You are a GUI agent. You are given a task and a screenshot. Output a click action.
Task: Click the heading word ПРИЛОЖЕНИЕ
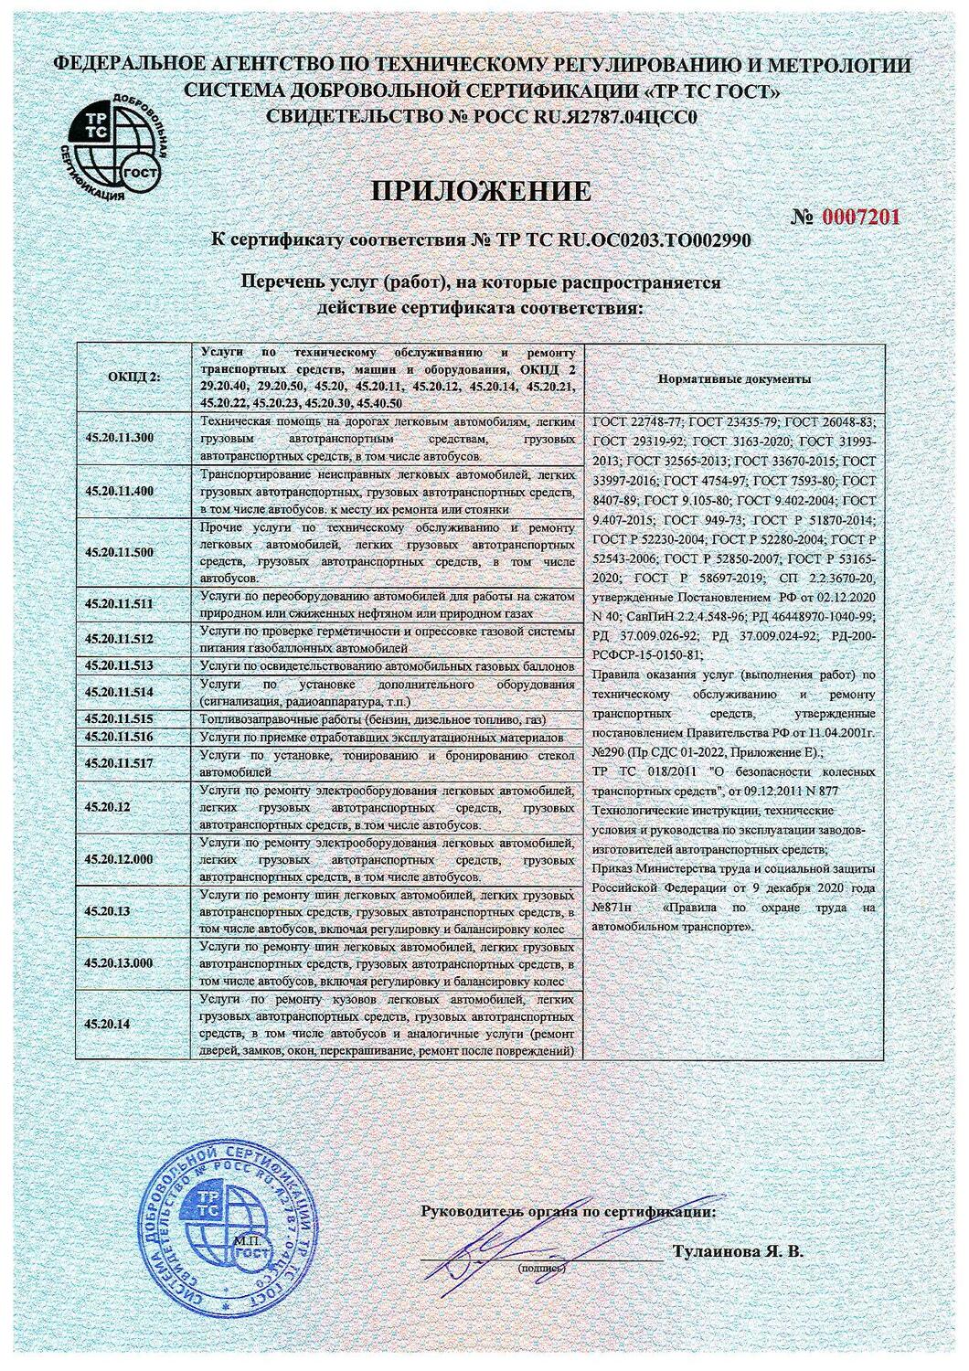point(482,191)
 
